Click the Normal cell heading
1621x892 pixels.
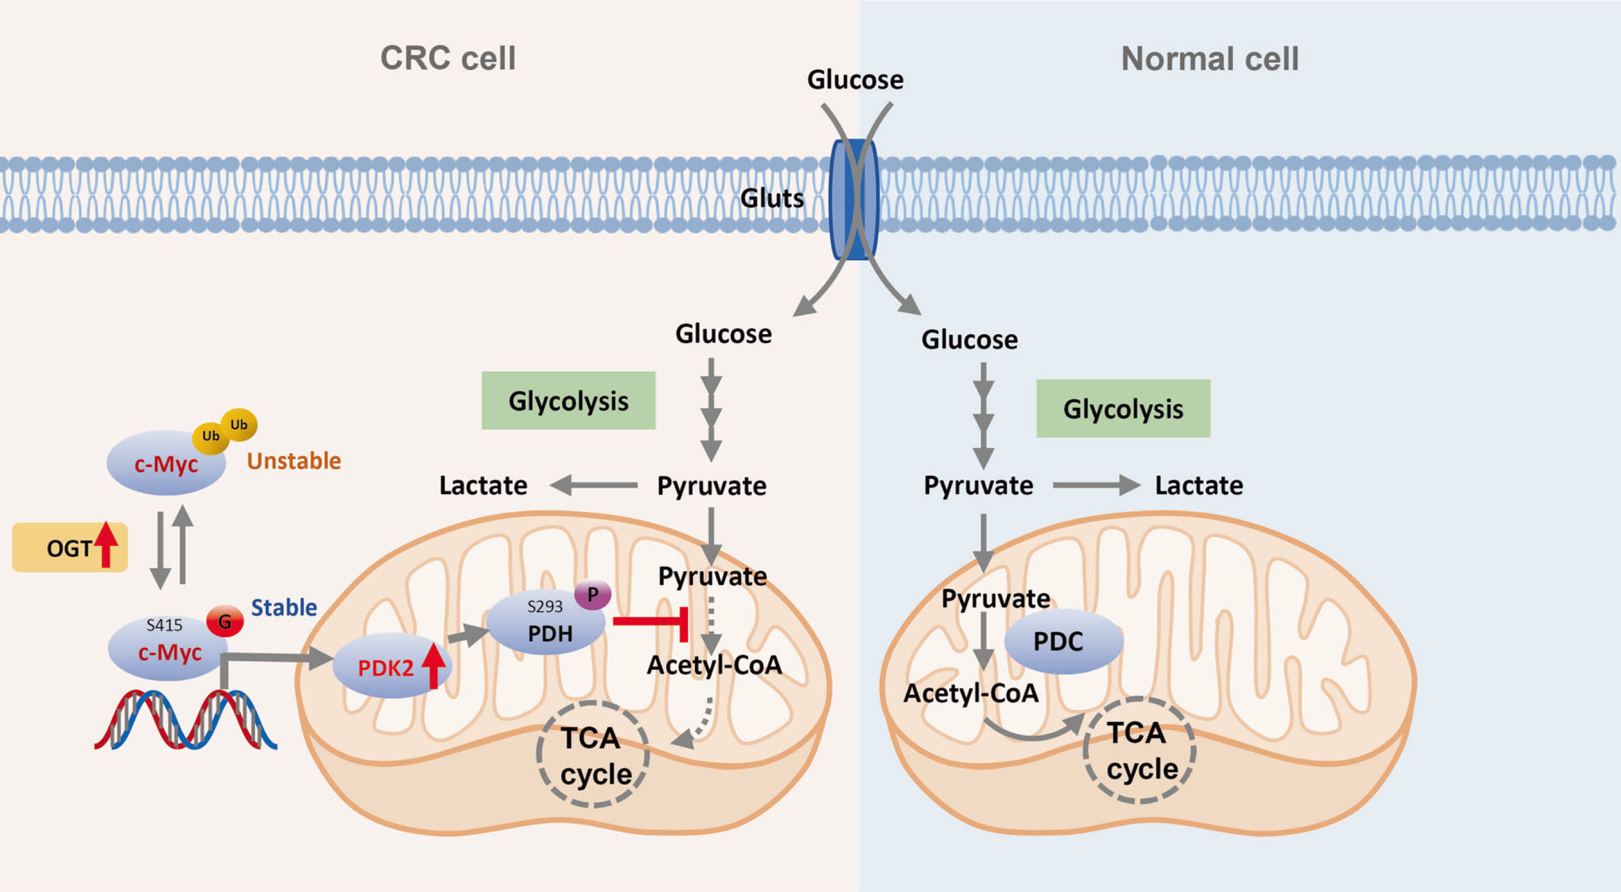point(1209,59)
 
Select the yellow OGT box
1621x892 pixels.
point(69,548)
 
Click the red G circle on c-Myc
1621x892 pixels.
point(225,621)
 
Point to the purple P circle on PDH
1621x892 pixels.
point(592,594)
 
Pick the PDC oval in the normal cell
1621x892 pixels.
point(1063,641)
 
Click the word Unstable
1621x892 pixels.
point(294,461)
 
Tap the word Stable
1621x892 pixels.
point(284,608)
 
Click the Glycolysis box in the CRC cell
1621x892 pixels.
point(568,401)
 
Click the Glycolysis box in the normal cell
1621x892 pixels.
point(1123,408)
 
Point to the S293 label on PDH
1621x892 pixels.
point(545,606)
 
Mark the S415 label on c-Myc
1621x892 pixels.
point(164,625)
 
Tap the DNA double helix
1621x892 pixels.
point(186,721)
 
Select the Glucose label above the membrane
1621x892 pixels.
point(855,80)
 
